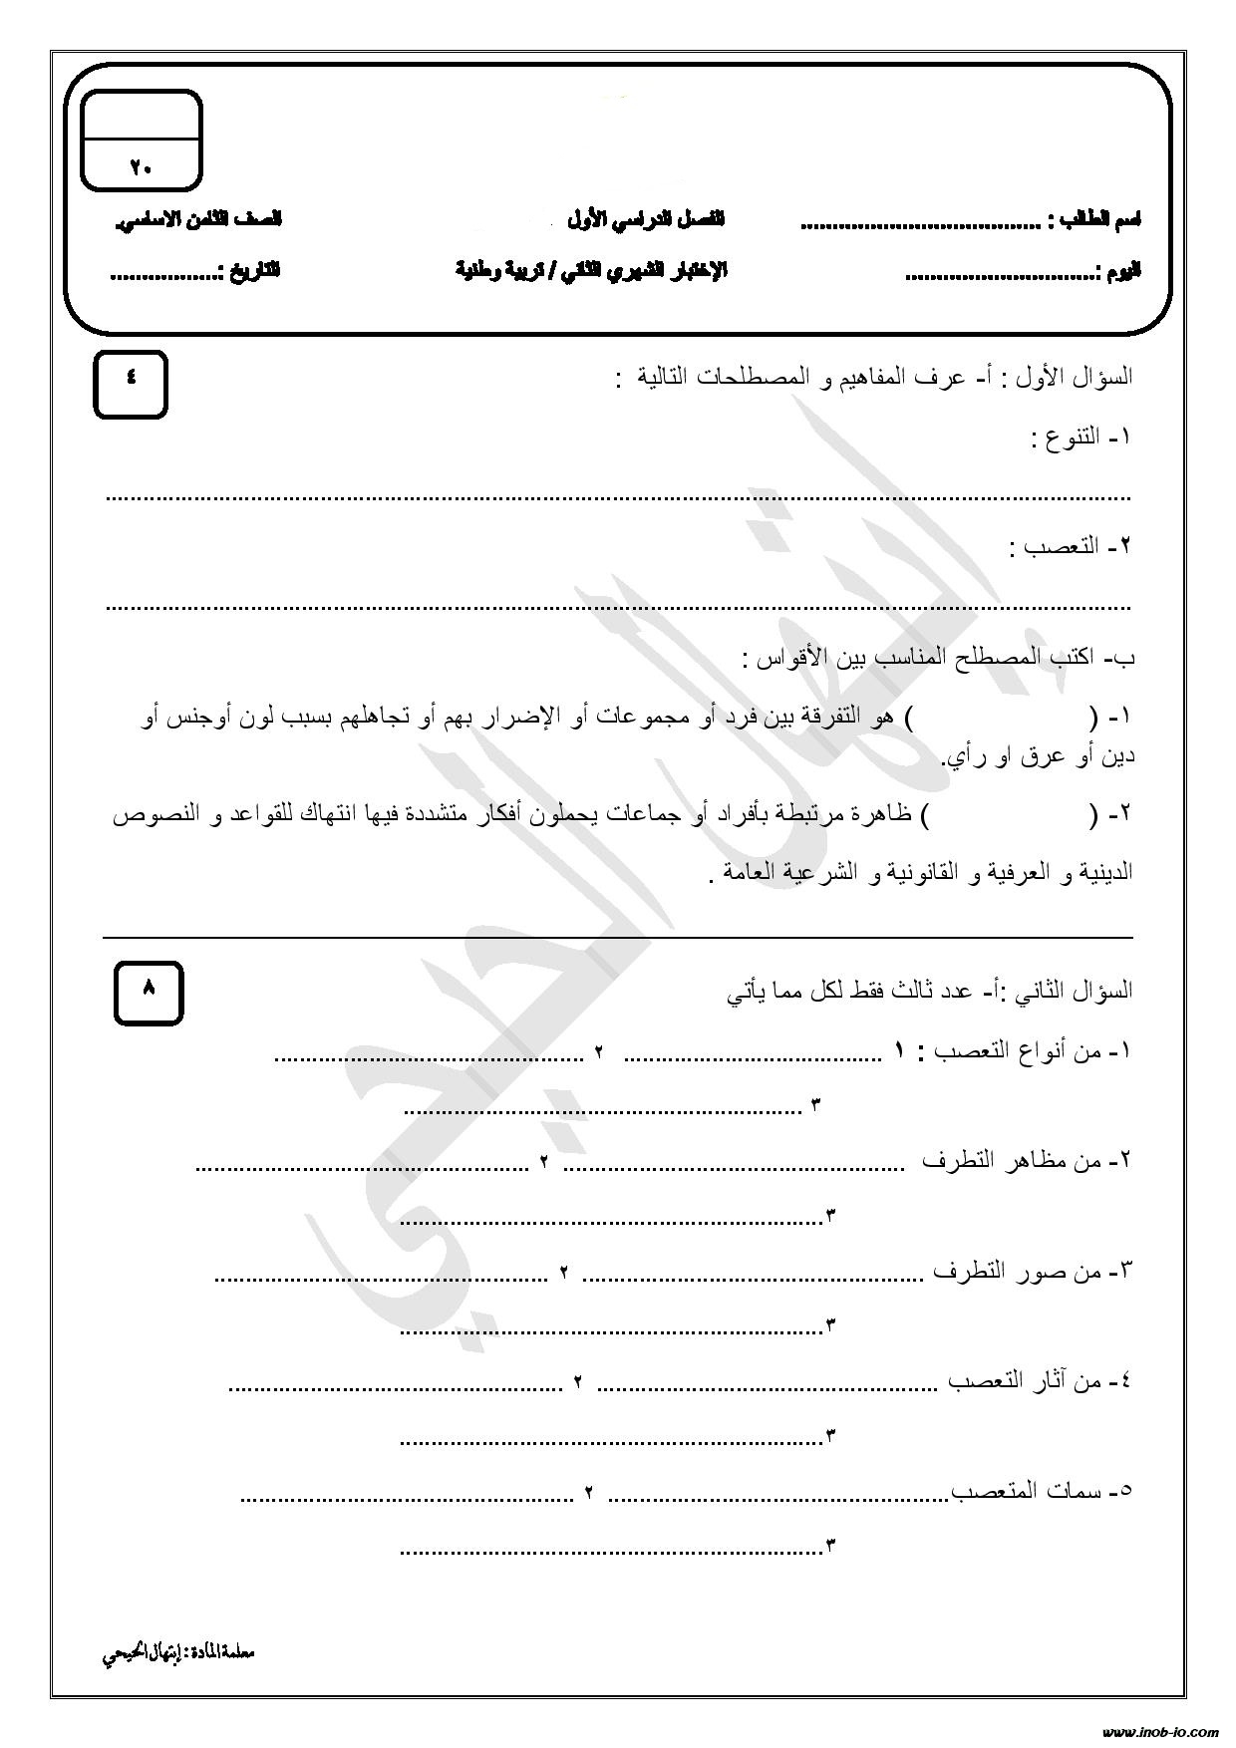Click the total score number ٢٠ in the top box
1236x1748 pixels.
(141, 167)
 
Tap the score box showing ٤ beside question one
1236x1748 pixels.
(130, 383)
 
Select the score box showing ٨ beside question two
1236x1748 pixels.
(149, 992)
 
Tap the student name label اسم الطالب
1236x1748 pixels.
(1096, 219)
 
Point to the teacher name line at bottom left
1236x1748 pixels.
(179, 1653)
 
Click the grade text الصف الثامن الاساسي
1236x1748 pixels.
(199, 219)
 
